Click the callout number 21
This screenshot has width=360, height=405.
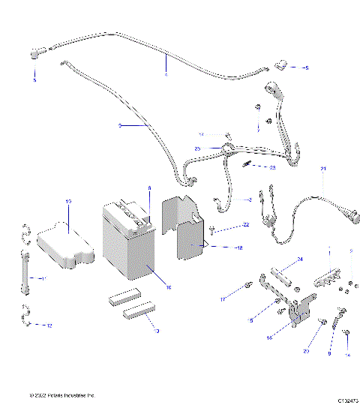click(x=323, y=169)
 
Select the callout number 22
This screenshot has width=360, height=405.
click(x=245, y=225)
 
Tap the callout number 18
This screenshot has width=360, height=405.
click(x=239, y=247)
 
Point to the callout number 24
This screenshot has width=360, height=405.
click(x=299, y=259)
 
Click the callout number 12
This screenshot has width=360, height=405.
click(x=49, y=325)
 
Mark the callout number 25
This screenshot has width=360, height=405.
click(x=198, y=149)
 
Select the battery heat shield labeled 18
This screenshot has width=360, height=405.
click(x=187, y=229)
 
